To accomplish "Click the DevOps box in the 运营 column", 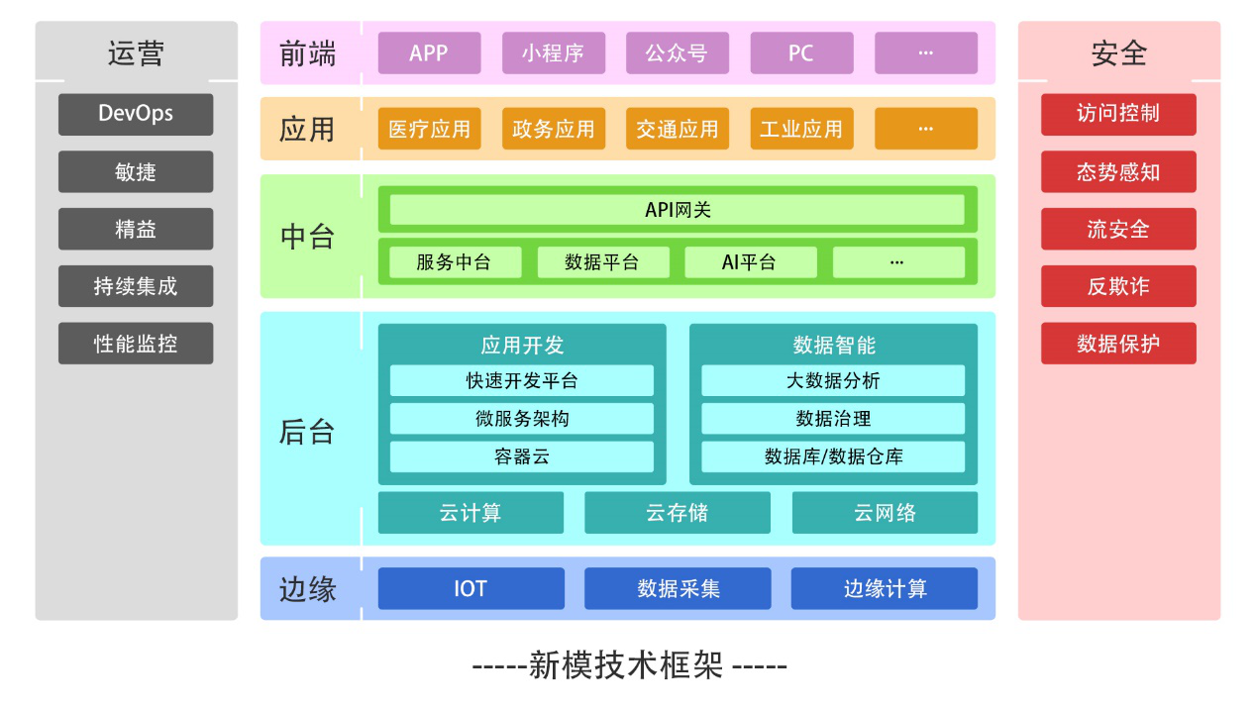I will coord(136,114).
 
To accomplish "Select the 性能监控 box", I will coord(136,344).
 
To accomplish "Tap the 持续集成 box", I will coord(136,286).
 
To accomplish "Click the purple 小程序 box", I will coord(553,53).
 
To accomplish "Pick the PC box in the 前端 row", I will coord(800,53).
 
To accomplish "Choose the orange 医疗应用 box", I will coord(429,129).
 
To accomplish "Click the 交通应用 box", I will coord(677,129).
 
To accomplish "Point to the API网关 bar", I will coord(677,210).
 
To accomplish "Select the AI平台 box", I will coord(750,262).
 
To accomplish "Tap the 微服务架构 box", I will coord(521,419).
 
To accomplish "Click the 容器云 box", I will coord(521,456).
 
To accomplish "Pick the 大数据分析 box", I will coord(832,381).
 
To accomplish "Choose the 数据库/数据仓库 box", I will coord(832,456).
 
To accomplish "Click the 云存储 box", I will coord(677,513).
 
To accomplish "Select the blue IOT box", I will coord(471,589).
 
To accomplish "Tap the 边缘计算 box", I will coord(884,589).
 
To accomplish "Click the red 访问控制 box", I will coord(1117,114).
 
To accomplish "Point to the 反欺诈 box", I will coord(1117,286).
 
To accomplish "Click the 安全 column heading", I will coord(1118,53).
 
